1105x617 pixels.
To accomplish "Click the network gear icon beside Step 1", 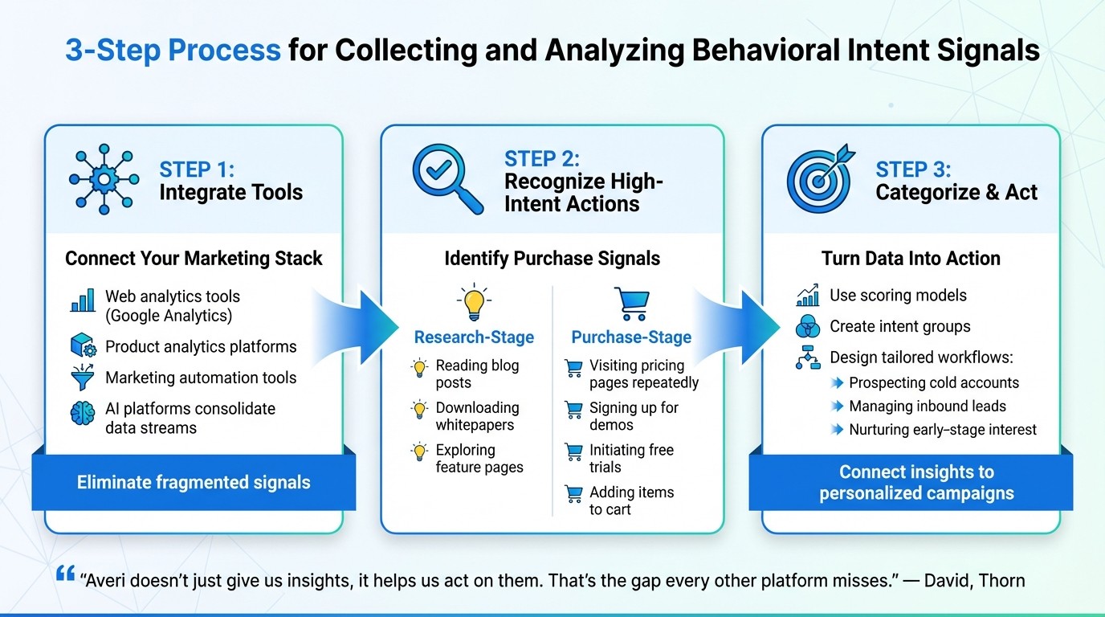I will tap(104, 179).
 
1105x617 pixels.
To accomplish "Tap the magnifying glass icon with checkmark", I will tap(446, 179).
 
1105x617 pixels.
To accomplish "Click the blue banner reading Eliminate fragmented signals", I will tap(194, 482).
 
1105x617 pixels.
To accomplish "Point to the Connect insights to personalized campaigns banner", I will tap(916, 482).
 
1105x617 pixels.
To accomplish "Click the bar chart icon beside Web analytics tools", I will tap(83, 301).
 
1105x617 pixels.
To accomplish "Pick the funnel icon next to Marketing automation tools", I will tap(83, 378).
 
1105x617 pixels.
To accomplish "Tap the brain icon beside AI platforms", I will tap(83, 413).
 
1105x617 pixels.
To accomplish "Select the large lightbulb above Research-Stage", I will tap(474, 302).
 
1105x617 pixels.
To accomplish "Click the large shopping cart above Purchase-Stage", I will tap(631, 304).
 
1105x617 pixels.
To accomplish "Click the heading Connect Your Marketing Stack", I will tap(194, 259).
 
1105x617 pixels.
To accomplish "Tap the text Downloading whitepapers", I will tap(477, 416).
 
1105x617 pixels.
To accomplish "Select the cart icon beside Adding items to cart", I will tap(573, 494).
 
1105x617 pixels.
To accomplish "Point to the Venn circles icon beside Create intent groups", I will tap(807, 326).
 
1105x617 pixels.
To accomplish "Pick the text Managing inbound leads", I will tap(927, 407).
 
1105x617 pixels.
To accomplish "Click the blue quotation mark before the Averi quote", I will tap(66, 574).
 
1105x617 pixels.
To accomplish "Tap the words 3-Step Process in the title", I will tap(173, 51).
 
